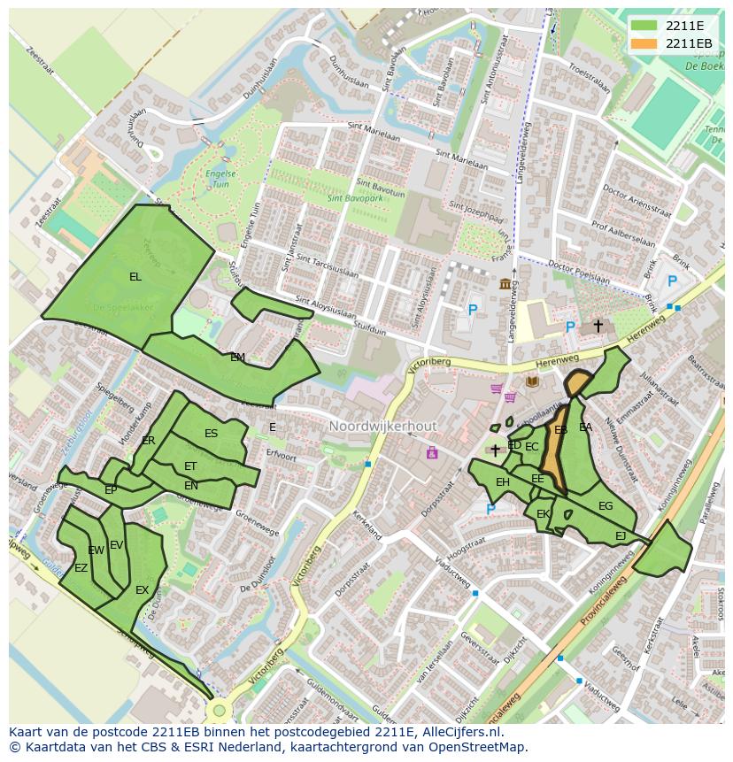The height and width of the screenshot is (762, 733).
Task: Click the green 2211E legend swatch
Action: [x=644, y=25]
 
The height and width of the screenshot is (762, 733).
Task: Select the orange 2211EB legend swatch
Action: [x=644, y=43]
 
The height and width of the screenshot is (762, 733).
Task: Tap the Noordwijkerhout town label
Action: [x=382, y=427]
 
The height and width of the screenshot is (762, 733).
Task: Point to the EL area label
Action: [x=135, y=277]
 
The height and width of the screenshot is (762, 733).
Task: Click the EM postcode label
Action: [x=237, y=358]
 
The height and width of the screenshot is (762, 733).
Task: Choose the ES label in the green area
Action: [x=211, y=434]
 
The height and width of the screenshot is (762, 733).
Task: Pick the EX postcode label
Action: [x=142, y=590]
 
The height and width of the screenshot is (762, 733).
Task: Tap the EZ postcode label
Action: [x=81, y=568]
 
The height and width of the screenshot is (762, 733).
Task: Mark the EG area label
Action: [x=606, y=506]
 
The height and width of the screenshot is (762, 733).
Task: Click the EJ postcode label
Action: [x=621, y=536]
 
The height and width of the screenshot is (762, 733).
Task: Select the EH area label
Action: [x=503, y=482]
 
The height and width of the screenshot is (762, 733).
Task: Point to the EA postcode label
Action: [x=585, y=427]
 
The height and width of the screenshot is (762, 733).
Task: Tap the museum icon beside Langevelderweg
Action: [x=505, y=283]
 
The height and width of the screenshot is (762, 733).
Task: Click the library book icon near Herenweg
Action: [x=532, y=381]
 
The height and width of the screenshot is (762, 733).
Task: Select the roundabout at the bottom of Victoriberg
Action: [x=219, y=710]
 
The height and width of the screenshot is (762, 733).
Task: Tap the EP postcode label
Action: [x=111, y=489]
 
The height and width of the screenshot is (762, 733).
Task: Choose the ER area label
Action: [x=148, y=441]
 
